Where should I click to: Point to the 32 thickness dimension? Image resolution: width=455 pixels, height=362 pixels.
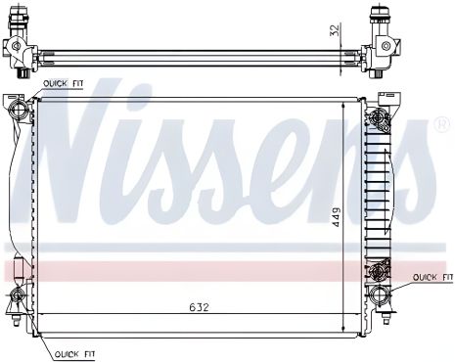tap(334, 31)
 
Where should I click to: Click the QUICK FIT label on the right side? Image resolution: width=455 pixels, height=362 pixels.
tap(429, 278)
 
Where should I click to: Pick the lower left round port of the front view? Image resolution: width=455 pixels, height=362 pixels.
tap(17, 295)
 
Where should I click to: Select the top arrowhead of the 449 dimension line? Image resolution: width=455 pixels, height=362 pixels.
tap(342, 101)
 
